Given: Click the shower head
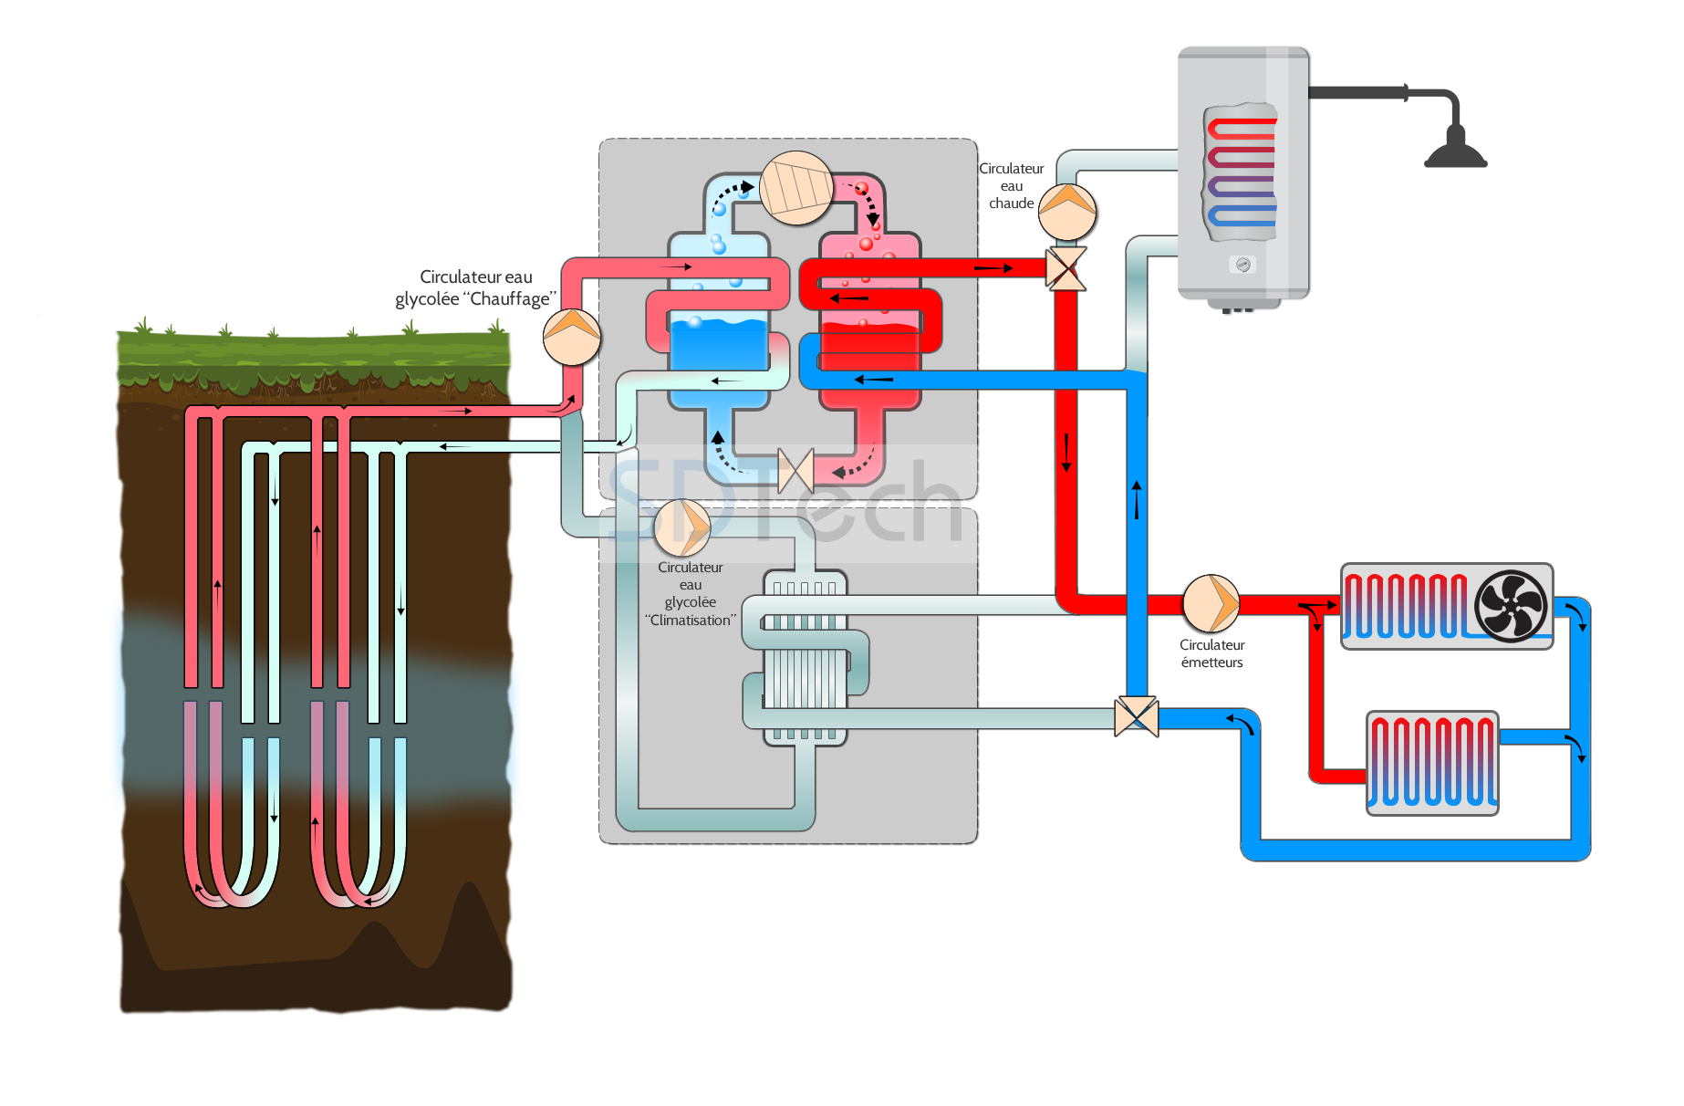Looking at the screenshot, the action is tap(1455, 150).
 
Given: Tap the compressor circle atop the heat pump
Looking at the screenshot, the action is tap(796, 188).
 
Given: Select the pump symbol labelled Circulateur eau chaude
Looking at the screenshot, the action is tap(1067, 212).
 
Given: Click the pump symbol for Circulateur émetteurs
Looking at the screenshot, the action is tap(1211, 603).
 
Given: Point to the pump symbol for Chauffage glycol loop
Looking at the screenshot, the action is tap(572, 337).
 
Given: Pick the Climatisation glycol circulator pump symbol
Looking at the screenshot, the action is tap(683, 527).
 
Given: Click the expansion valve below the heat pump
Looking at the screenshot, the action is tap(795, 471).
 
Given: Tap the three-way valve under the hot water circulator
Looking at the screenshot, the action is tap(1066, 269).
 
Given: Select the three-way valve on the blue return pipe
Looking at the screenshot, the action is tap(1137, 717).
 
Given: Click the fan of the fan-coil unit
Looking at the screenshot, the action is tap(1511, 606).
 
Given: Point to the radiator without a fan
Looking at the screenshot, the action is tap(1432, 763).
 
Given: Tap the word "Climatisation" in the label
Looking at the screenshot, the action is tap(691, 621).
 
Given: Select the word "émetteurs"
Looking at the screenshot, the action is tap(1211, 663).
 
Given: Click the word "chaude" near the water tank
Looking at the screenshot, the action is tap(1012, 203).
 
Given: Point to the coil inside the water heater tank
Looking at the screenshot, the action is tap(1242, 172).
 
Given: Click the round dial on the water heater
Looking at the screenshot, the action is tap(1242, 265).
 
